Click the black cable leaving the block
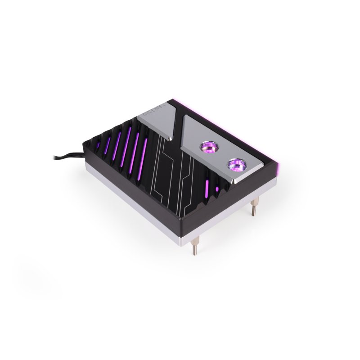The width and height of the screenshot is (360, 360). pyautogui.click(x=67, y=158)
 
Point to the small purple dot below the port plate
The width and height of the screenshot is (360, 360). pyautogui.click(x=217, y=190)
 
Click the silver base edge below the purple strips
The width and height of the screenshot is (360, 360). pyautogui.click(x=135, y=198)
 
